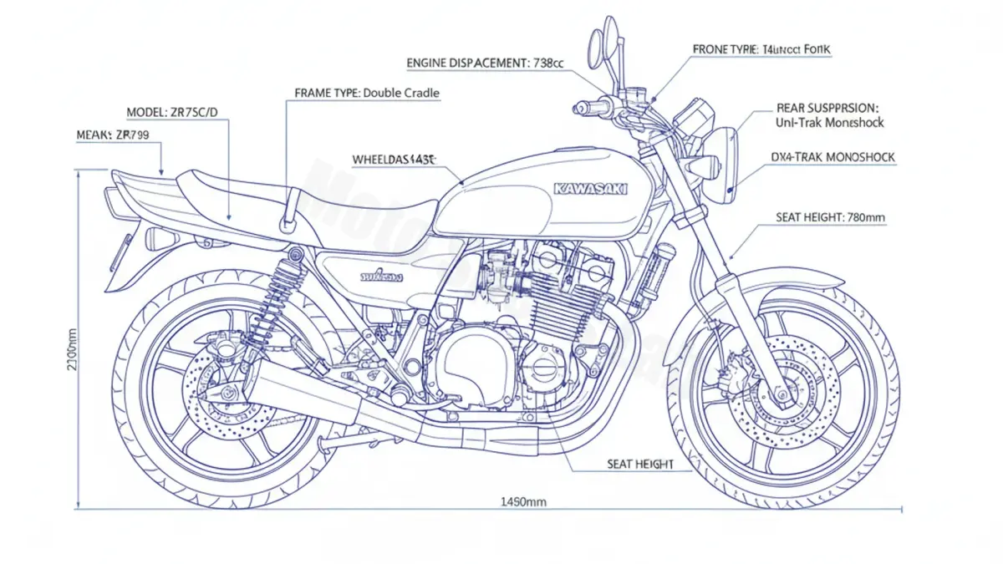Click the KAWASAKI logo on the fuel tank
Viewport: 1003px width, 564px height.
591,190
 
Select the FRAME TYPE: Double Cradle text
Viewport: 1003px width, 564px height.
367,93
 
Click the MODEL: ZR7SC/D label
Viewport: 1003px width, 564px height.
173,112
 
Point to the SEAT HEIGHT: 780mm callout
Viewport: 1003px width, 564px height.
830,218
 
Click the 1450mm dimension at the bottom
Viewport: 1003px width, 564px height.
523,501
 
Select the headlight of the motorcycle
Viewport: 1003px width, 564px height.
725,165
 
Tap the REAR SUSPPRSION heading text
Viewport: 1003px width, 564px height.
827,108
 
